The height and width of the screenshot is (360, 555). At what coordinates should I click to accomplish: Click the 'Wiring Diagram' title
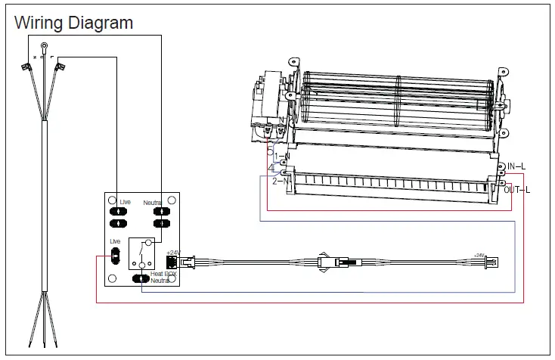tap(74, 23)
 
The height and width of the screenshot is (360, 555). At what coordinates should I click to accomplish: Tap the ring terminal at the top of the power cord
tap(43, 47)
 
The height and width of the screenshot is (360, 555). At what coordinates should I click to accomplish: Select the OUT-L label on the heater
tap(519, 189)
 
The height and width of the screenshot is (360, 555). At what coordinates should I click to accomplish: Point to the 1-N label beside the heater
tap(282, 156)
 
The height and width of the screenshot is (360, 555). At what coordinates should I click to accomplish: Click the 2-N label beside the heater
tap(281, 181)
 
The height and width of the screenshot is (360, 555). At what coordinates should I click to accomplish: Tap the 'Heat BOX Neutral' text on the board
tap(160, 277)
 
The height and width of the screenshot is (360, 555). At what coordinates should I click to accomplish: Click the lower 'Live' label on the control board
tap(115, 241)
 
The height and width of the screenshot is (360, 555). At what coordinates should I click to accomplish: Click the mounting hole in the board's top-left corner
tap(110, 198)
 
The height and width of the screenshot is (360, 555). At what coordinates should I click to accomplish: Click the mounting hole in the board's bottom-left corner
tap(110, 278)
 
